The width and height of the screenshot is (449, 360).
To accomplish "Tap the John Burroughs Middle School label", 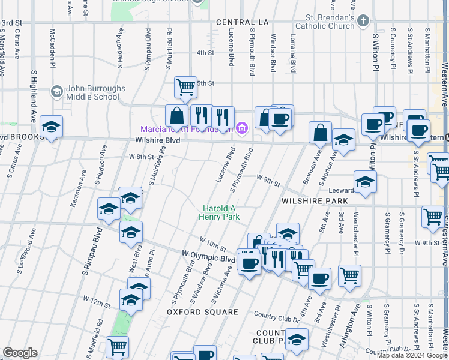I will (96, 92).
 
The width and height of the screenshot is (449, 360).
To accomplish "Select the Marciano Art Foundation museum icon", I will (243, 127).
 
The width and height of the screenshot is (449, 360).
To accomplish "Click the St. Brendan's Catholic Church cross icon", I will (362, 22).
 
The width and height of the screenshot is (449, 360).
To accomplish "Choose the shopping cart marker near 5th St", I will (185, 87).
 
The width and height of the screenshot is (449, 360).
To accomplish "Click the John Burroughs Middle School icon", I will (57, 92).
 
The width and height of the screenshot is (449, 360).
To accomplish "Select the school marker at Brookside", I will (52, 127).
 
